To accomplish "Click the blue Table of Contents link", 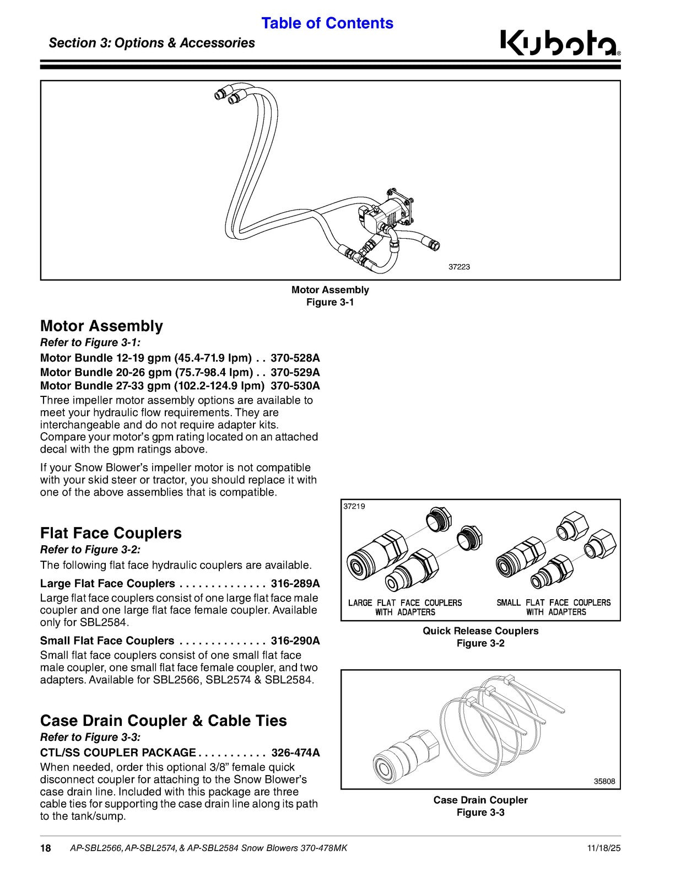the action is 327,23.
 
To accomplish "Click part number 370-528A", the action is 295,358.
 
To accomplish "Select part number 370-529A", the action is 295,372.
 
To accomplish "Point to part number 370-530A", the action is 295,385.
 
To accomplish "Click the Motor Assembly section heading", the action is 101,326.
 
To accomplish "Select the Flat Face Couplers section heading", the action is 111,533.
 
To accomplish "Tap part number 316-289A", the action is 295,584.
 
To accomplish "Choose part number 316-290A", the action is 295,641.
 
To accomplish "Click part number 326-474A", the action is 296,753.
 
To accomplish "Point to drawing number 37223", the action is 459,267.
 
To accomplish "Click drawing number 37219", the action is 354,507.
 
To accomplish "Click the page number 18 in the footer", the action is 45,848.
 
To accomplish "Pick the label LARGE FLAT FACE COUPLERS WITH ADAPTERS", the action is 405,607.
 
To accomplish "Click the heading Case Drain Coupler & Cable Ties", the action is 164,720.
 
